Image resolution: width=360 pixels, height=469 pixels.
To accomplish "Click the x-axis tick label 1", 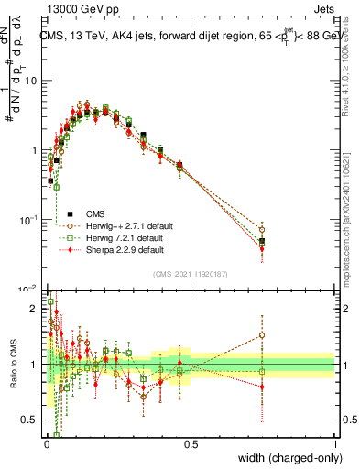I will (x=334, y=444).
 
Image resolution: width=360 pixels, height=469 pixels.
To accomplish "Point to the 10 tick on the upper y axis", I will (x=30, y=81).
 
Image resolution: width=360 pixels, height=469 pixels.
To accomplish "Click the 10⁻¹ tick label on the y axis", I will (x=27, y=220).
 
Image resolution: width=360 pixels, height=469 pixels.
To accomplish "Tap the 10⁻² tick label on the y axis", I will (x=27, y=289).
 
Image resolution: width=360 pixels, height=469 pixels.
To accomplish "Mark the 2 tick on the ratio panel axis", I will (x=35, y=309).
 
